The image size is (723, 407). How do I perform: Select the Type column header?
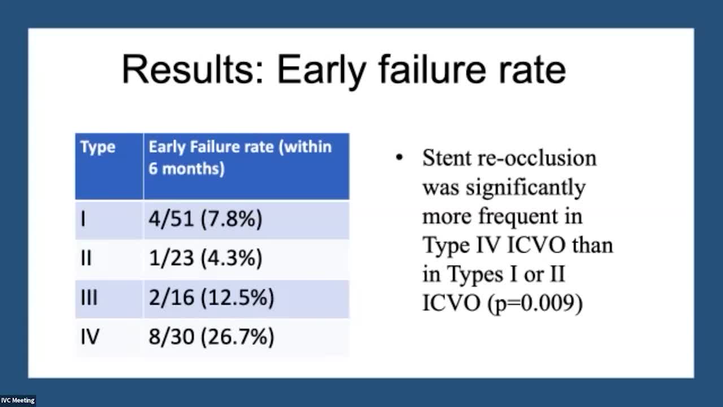(x=98, y=148)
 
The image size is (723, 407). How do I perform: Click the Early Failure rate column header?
(x=240, y=158)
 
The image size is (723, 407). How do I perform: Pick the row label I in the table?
(x=83, y=219)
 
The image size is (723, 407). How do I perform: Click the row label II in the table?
(x=86, y=258)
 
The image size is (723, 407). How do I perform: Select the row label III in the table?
(x=89, y=297)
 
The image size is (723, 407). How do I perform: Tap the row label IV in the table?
(x=90, y=336)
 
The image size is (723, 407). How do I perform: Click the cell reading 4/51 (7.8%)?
(x=205, y=219)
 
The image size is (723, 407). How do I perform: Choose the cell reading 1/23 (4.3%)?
(x=205, y=258)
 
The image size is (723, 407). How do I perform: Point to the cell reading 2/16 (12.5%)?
(x=211, y=297)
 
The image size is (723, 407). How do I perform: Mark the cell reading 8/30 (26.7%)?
(x=211, y=336)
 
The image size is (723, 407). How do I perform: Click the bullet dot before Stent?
(x=399, y=158)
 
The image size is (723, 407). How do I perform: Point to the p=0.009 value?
(x=535, y=304)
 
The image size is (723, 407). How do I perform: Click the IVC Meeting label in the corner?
(x=18, y=401)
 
